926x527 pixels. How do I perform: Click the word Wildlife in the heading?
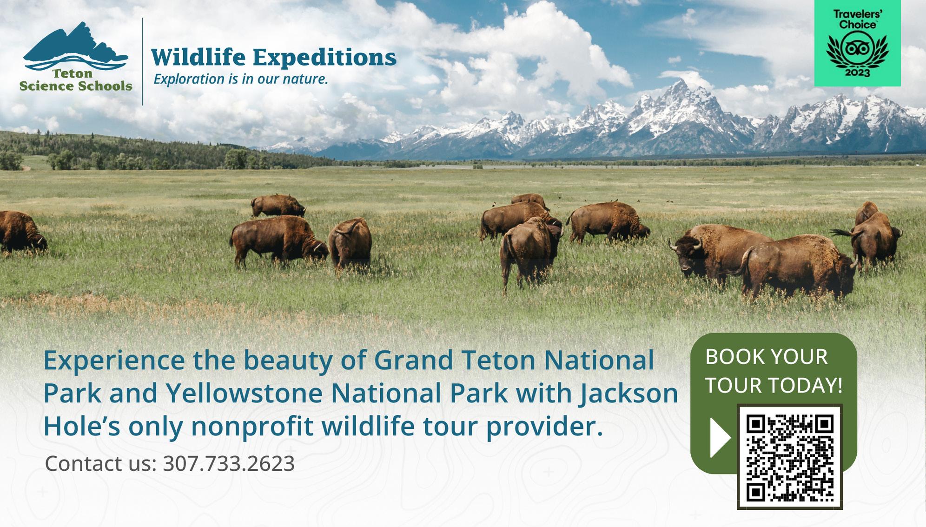[x=198, y=57]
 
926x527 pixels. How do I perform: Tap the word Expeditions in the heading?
[x=324, y=58]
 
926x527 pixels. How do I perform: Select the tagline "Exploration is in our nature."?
[x=241, y=79]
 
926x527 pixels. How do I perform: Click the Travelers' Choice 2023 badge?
[x=857, y=43]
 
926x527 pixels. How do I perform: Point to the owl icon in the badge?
[x=857, y=49]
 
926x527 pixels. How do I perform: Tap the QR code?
[x=789, y=457]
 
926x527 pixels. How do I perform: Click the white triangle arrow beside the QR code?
[x=720, y=438]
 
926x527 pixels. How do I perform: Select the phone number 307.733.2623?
[x=229, y=464]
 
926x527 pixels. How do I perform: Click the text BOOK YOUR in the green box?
[x=767, y=357]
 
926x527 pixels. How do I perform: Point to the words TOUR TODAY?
[x=774, y=386]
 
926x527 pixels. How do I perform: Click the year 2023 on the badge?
[x=857, y=73]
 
